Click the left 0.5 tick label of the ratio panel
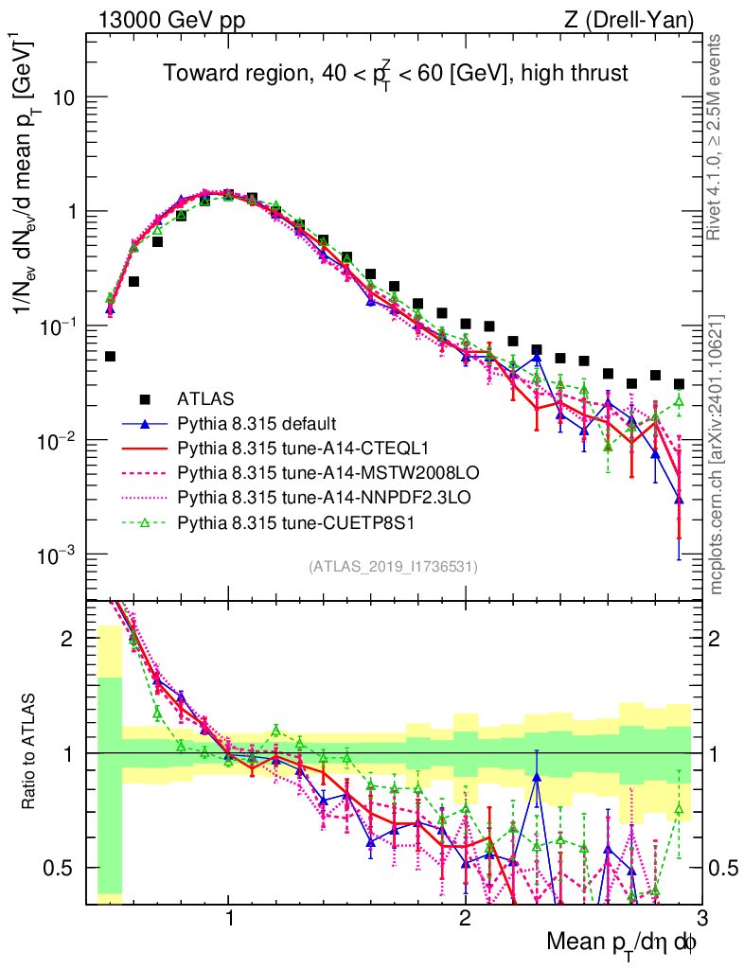(62, 868)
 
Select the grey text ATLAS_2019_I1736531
(392, 567)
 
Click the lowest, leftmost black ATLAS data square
(110, 357)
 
